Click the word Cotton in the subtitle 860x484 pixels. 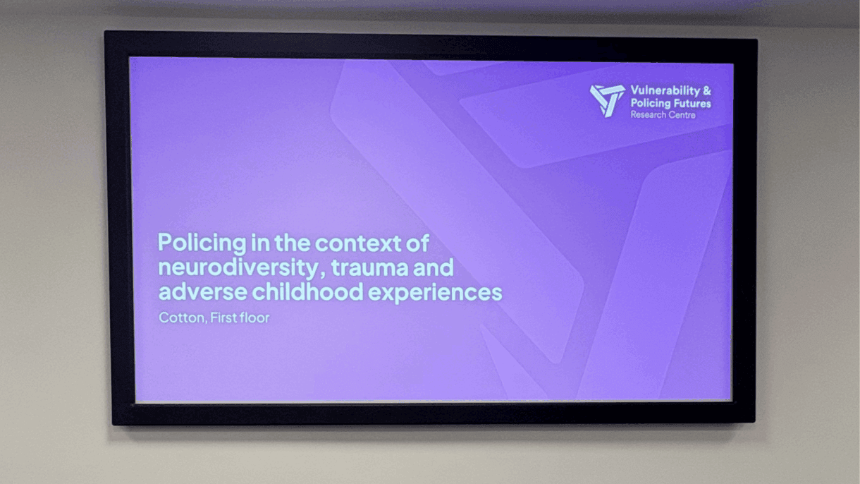click(180, 318)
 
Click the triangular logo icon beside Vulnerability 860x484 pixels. click(607, 100)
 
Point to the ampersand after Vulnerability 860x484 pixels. click(707, 91)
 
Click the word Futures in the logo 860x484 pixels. click(691, 104)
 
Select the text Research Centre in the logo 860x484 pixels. click(663, 115)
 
